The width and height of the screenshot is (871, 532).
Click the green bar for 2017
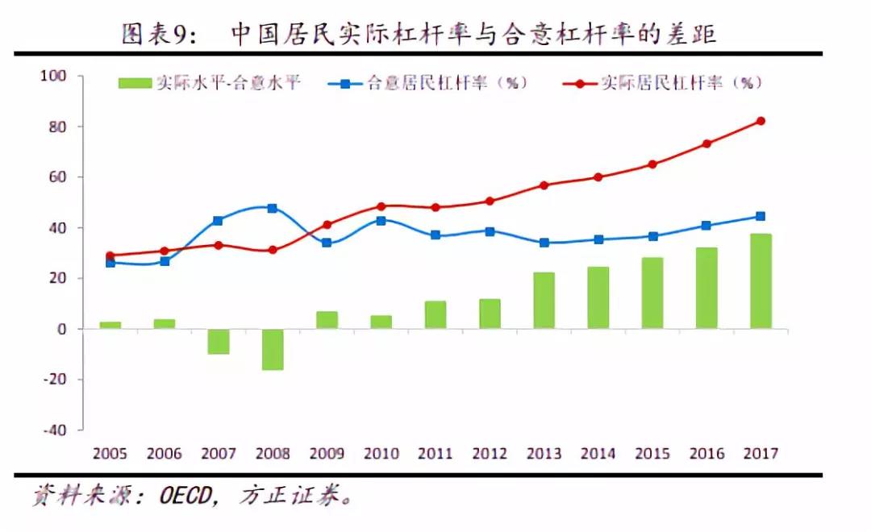(x=761, y=281)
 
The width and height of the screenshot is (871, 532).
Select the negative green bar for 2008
(x=273, y=349)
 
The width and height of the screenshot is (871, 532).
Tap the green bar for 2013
(x=544, y=301)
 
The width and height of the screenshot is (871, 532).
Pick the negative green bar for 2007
(x=218, y=342)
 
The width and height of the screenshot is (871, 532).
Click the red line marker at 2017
(x=761, y=121)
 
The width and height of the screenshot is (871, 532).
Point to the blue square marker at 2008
(x=273, y=208)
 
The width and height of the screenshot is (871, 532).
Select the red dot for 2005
(x=110, y=256)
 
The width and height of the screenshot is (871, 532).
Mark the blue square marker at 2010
(x=381, y=220)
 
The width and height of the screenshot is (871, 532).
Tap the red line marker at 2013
(x=544, y=185)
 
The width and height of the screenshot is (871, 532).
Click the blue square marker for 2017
(x=761, y=216)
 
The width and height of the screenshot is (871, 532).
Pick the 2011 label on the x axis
(x=435, y=454)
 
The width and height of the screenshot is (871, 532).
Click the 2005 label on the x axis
(x=110, y=454)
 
